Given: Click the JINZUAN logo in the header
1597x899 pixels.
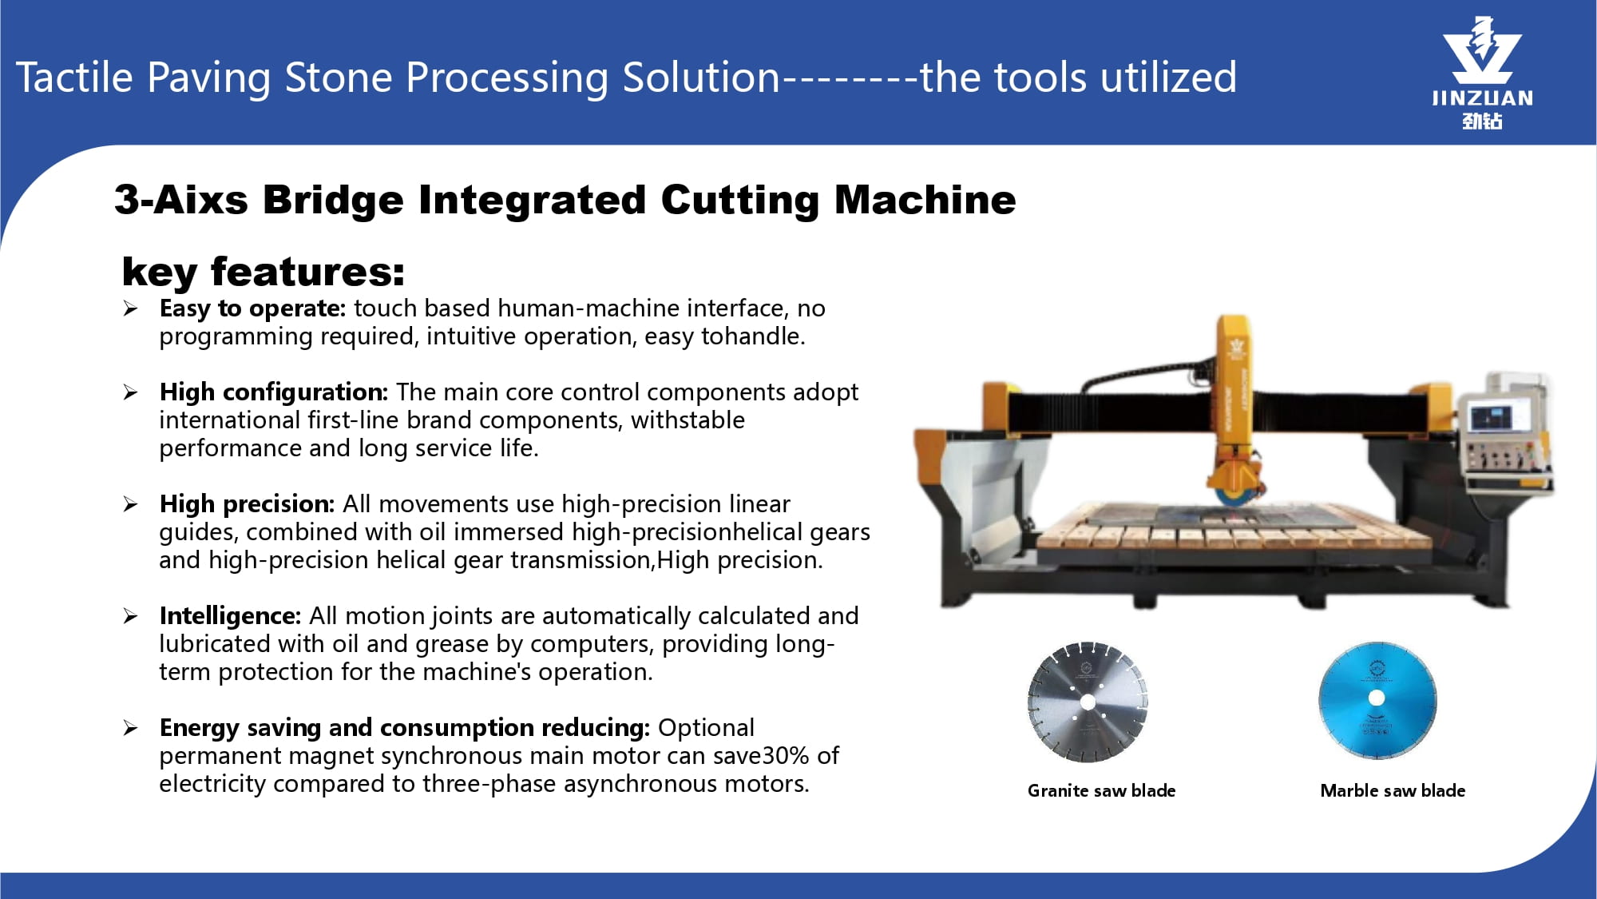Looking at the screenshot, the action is pos(1482,73).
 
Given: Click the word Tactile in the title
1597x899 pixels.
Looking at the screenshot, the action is pos(74,78).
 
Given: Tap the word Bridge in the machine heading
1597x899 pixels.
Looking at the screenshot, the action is pos(333,200).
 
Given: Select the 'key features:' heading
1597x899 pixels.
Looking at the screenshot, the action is pos(264,272).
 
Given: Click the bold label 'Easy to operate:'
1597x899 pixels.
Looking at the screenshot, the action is pos(252,308).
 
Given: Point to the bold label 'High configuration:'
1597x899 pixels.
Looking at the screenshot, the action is pos(274,392).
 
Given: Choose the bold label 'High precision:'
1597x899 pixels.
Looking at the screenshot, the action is pos(247,504).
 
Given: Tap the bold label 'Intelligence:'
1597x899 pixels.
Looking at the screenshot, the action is pos(230,616).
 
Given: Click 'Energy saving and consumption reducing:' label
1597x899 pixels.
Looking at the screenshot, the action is pos(405,728).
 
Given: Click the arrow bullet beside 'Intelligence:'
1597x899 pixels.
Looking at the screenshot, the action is pos(131,616).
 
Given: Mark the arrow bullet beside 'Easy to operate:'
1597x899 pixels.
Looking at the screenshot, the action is pos(131,308).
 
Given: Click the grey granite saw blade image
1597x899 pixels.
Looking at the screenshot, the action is pos(1088,702).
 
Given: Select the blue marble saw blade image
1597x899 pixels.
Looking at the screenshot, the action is pos(1377,700).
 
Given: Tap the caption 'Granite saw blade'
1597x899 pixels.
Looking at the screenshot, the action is pos(1101,790).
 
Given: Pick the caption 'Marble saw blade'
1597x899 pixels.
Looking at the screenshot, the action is pos(1393,790).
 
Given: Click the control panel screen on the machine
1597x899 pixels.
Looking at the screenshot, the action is pos(1491,418).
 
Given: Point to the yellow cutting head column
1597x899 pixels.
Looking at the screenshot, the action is pos(1234,400).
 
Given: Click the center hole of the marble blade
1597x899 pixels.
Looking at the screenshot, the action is pos(1377,698).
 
